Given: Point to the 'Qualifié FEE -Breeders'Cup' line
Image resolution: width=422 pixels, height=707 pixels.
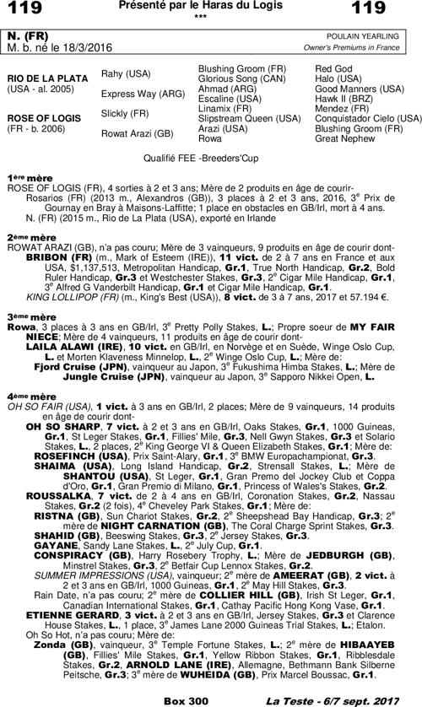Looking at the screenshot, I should [x=211, y=157].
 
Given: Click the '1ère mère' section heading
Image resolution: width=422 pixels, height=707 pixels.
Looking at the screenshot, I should [x=27, y=177].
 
